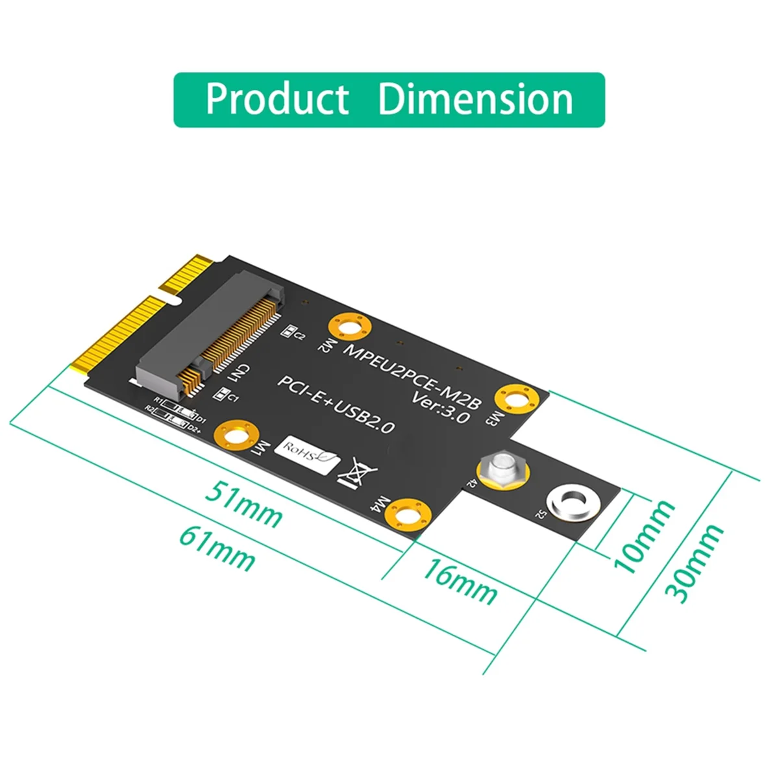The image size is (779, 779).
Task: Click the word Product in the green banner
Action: coord(277,99)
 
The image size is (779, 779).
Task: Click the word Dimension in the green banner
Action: coord(475,99)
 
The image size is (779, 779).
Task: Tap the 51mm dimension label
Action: coord(244,504)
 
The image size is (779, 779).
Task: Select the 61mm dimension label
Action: coord(217,549)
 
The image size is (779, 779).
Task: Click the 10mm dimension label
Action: coord(643,536)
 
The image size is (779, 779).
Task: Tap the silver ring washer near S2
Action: coord(572,502)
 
